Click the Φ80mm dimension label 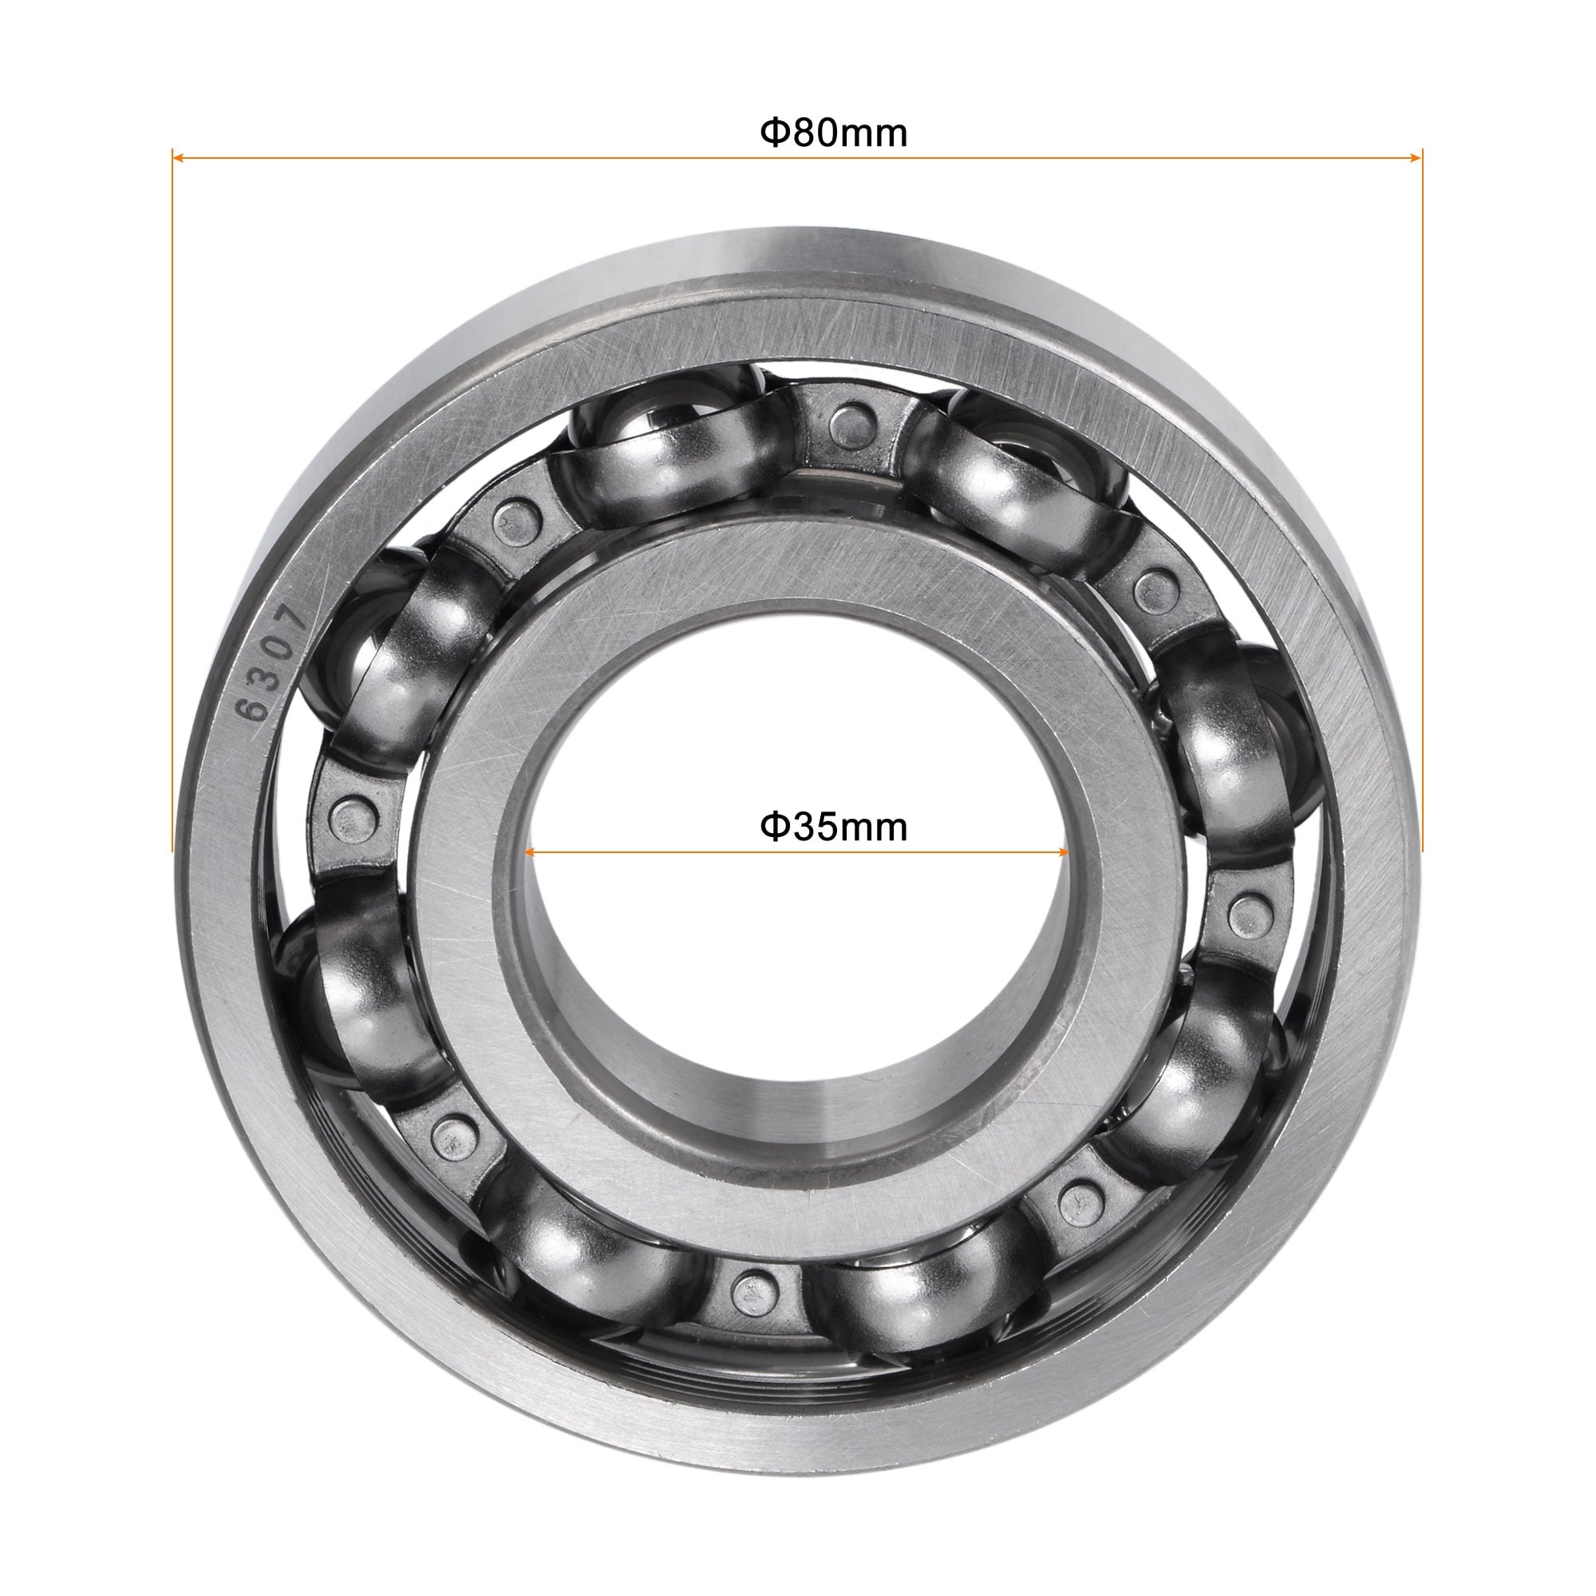point(834,133)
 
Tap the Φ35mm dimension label point(834,827)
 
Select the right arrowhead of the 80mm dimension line point(1416,156)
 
